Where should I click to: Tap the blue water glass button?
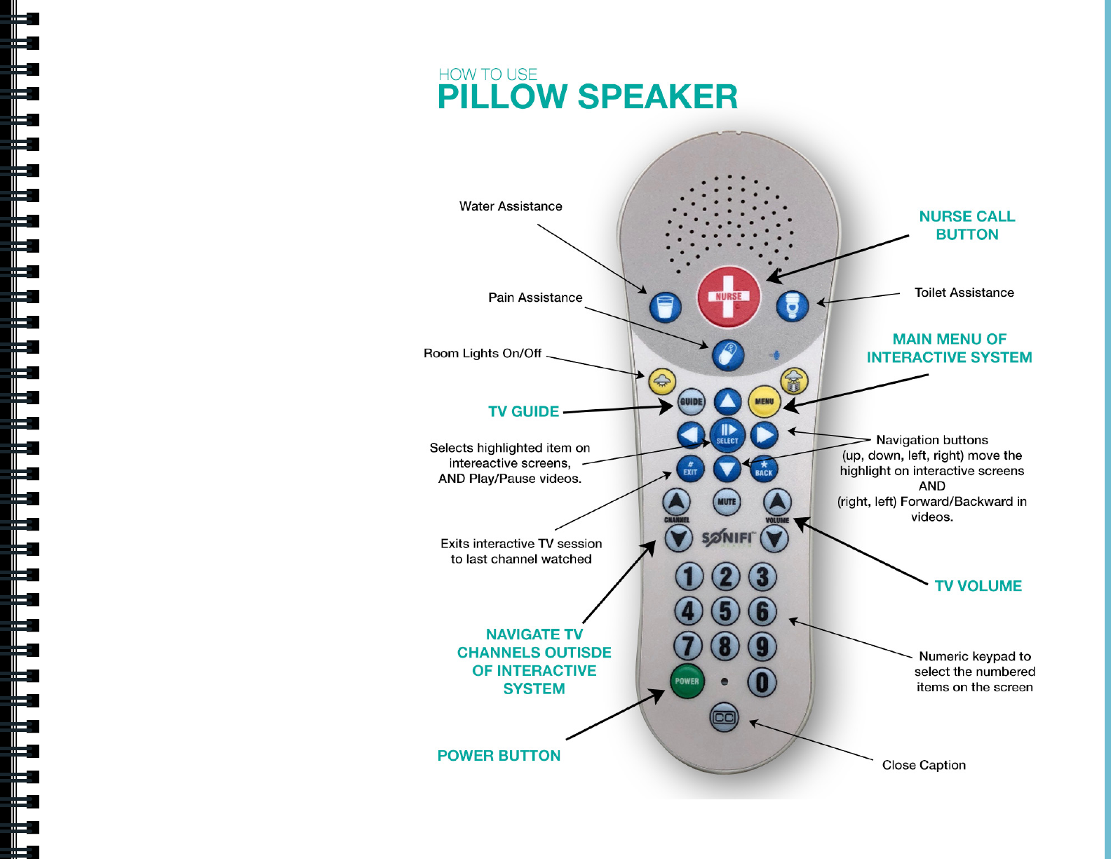[665, 307]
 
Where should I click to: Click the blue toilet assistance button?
[793, 306]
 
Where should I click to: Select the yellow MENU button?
[765, 402]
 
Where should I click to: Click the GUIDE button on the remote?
[691, 402]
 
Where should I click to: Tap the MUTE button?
[727, 502]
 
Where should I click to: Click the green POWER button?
[687, 681]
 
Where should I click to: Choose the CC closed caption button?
[725, 717]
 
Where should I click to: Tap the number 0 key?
[762, 682]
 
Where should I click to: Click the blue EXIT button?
[690, 470]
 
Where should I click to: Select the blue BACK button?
[764, 470]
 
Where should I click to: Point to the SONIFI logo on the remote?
[727, 538]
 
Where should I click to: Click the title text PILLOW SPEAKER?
[587, 97]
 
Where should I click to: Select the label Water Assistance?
[511, 206]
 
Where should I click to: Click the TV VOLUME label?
[978, 586]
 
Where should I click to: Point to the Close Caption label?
[924, 765]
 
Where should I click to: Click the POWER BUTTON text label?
[499, 756]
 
